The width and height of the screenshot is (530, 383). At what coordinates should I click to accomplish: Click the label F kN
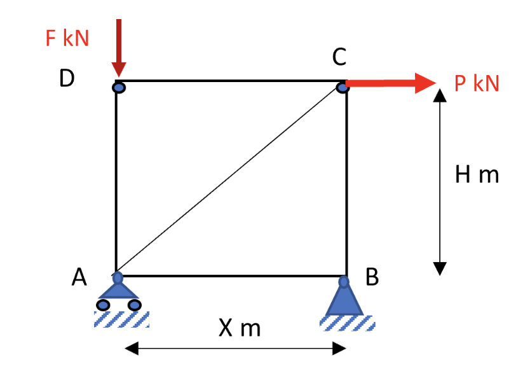pyautogui.click(x=67, y=38)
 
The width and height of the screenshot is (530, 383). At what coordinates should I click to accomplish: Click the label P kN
pyautogui.click(x=477, y=83)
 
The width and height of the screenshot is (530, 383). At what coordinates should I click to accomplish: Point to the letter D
pyautogui.click(x=67, y=78)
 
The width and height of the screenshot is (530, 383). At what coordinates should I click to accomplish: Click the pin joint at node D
pyautogui.click(x=119, y=87)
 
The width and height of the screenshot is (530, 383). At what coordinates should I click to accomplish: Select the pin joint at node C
pyautogui.click(x=343, y=86)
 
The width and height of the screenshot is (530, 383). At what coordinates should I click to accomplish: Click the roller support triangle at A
pyautogui.click(x=118, y=290)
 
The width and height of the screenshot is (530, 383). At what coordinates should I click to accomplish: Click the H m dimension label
pyautogui.click(x=477, y=174)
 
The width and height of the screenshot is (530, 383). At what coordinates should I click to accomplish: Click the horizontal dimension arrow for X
pyautogui.click(x=235, y=349)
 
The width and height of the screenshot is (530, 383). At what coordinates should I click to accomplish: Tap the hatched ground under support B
pyautogui.click(x=347, y=323)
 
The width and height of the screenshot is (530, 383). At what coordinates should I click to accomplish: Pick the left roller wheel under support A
pyautogui.click(x=103, y=305)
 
